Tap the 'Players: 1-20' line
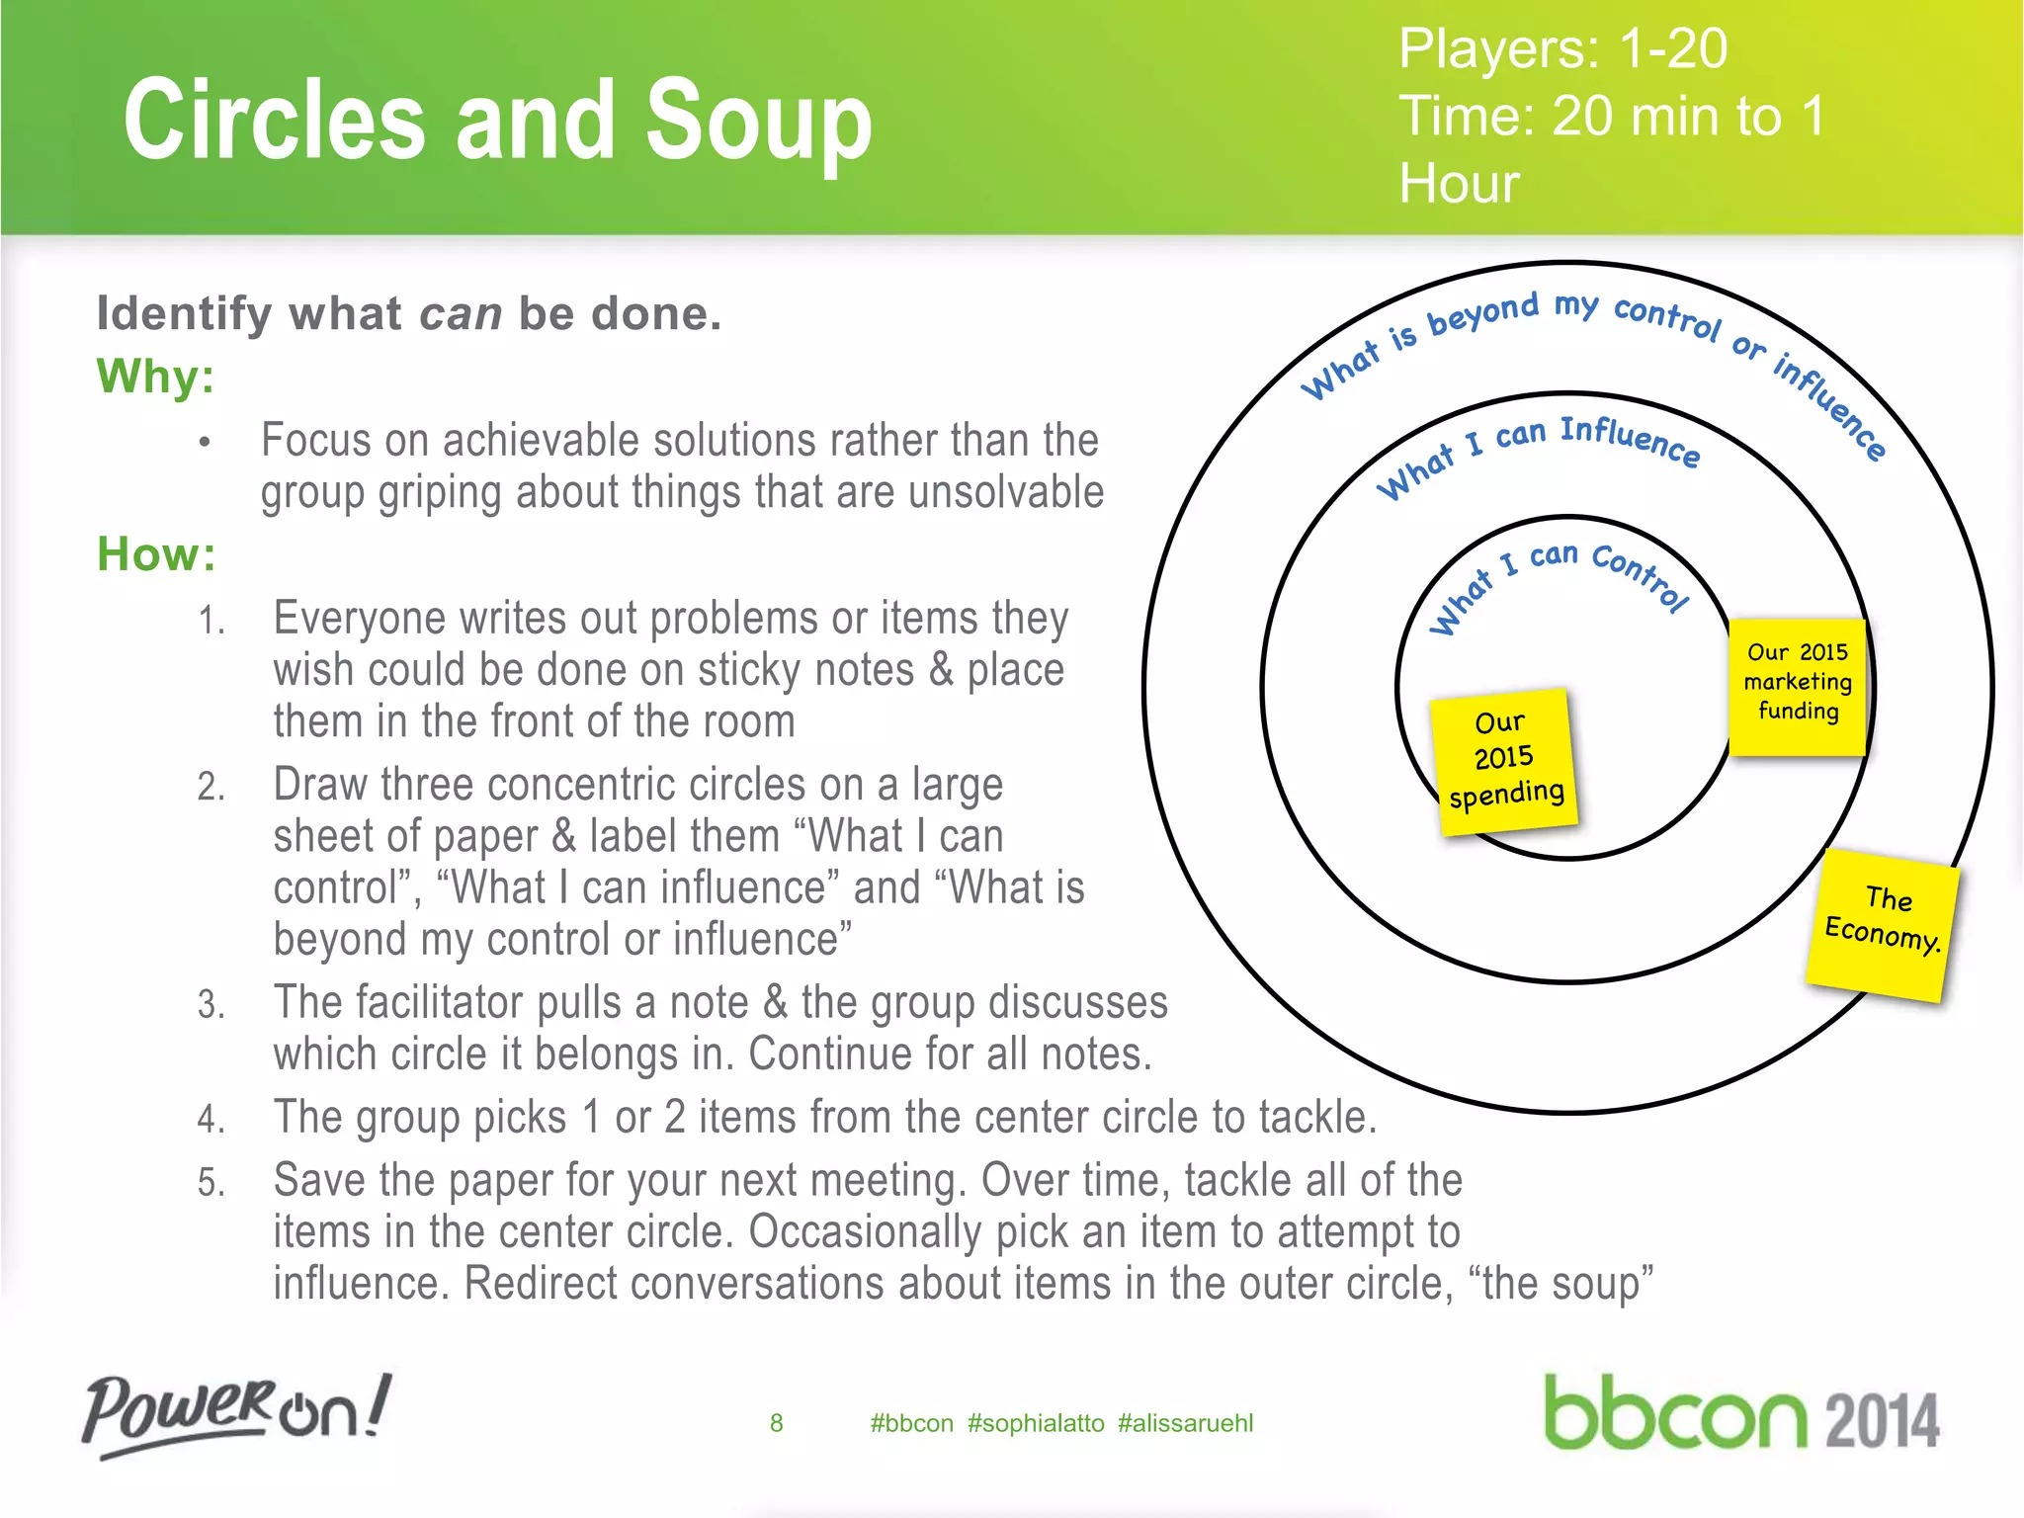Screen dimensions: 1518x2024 tap(1562, 48)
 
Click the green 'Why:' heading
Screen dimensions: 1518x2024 tap(155, 377)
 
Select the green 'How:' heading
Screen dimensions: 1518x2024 tap(156, 554)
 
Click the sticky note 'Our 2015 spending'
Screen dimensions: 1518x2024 tap(1504, 760)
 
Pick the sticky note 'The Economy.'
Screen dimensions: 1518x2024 tap(1883, 923)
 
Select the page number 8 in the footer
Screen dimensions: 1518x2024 tap(776, 1423)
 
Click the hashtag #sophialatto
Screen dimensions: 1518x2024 tap(1036, 1423)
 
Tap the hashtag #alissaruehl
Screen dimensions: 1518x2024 tap(1185, 1423)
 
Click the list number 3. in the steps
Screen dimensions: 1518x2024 tap(211, 1004)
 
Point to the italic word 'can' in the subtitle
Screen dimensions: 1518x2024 tap(461, 314)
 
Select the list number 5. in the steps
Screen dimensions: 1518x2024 tap(211, 1182)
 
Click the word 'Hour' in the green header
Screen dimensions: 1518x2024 tap(1459, 184)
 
